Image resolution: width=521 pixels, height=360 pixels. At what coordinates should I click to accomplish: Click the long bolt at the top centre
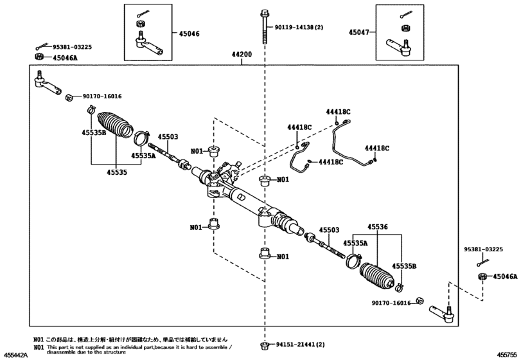264,28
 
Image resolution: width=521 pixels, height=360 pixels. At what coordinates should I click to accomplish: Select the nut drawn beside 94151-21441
264,345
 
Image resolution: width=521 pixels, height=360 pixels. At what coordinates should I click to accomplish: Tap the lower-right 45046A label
504,276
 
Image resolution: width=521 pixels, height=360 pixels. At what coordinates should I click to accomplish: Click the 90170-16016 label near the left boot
102,96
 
